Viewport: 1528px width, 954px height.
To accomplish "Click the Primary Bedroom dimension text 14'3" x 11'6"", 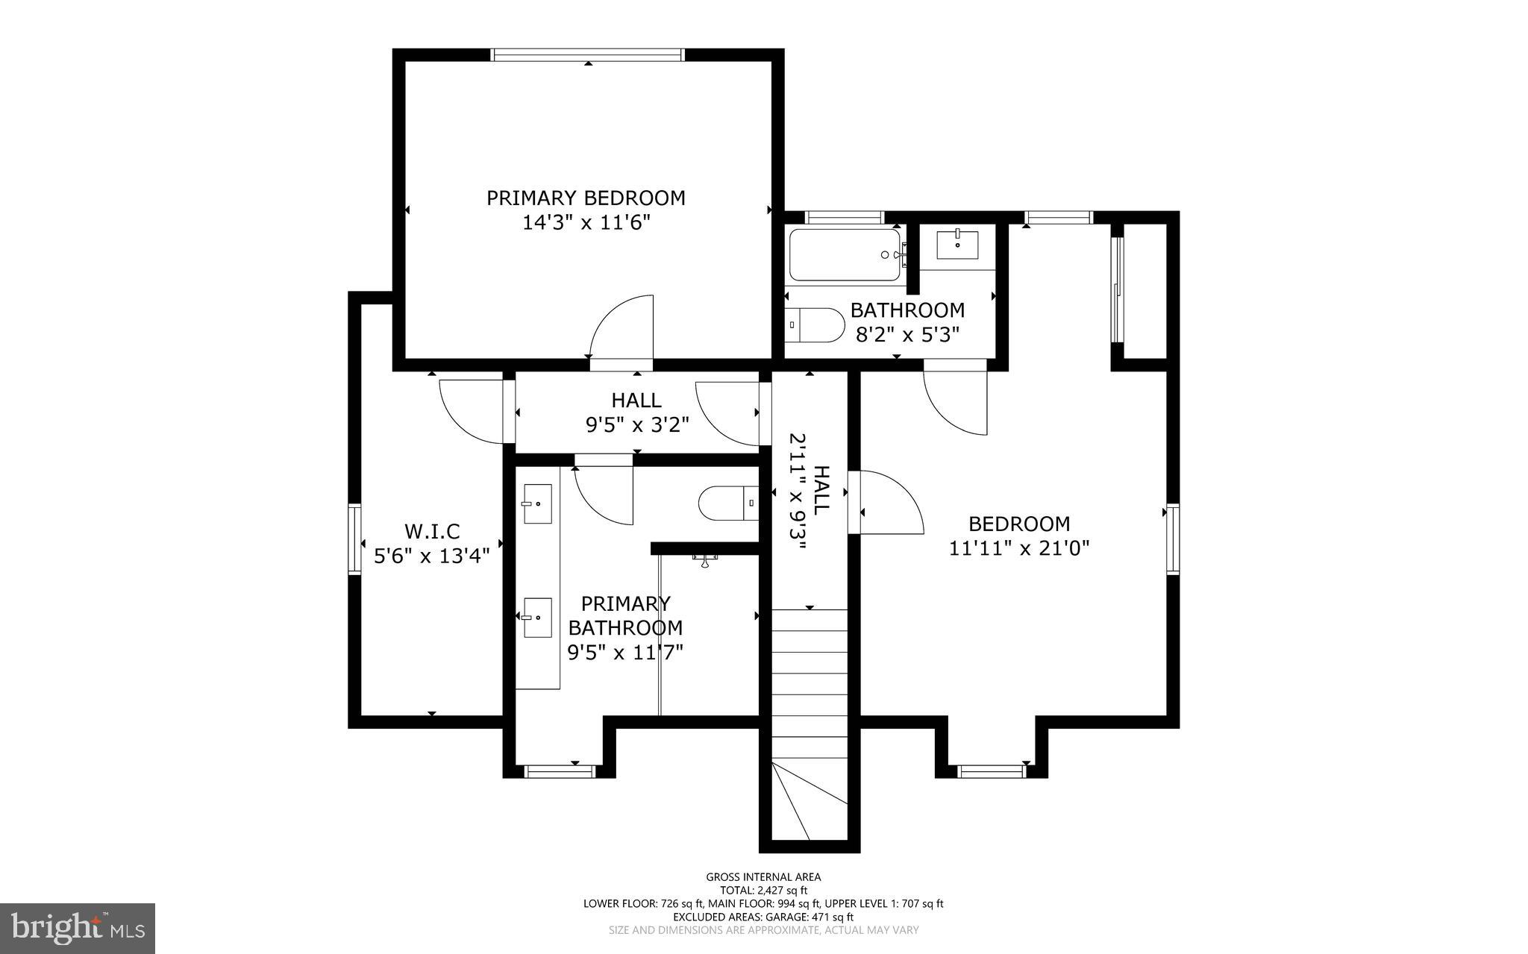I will coord(586,222).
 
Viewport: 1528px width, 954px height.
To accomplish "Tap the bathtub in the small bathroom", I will coord(845,255).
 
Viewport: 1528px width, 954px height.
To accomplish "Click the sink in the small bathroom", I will coord(957,245).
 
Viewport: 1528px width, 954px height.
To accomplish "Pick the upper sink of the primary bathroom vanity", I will coord(537,503).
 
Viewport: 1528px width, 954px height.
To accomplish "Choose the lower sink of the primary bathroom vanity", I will coord(537,618).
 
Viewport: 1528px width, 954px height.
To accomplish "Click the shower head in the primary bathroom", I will coord(704,560).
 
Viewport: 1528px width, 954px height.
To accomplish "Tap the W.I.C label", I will coord(432,531).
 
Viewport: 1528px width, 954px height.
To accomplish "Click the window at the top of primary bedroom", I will coord(587,54).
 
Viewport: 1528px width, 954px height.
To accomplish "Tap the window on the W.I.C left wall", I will coord(354,539).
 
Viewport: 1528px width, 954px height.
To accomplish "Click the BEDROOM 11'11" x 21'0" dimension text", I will coord(1019,548).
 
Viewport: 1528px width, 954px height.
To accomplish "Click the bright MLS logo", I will coord(78,928).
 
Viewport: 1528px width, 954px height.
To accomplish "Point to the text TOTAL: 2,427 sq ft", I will coord(763,890).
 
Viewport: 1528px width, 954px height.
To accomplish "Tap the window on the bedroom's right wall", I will coord(1173,539).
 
